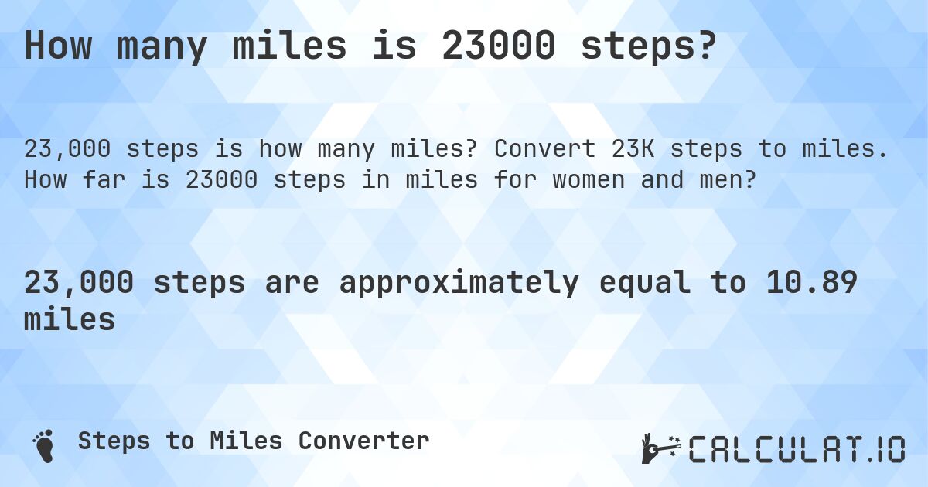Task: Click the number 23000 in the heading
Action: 498,46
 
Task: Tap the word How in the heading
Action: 60,46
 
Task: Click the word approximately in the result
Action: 457,284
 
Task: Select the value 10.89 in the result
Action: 813,284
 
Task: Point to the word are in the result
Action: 292,284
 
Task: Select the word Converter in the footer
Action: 363,441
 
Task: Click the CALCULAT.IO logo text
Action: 797,449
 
